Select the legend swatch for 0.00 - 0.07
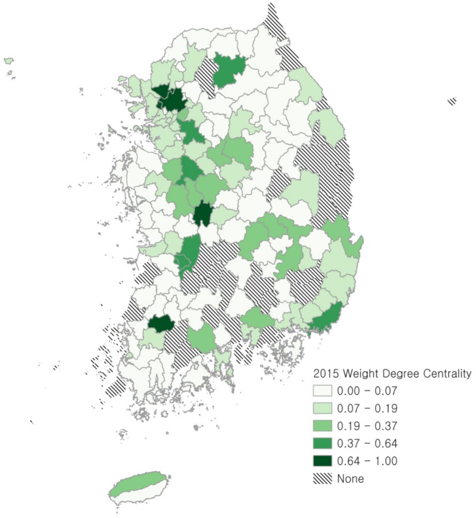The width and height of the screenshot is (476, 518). click(x=324, y=392)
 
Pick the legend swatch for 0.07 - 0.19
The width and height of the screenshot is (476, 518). click(x=324, y=409)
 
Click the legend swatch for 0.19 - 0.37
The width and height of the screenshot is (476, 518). click(x=324, y=426)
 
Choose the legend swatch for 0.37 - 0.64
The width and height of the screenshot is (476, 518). click(x=324, y=444)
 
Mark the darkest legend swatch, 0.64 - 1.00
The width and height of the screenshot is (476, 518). click(x=324, y=461)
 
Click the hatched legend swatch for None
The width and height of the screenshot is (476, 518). click(x=324, y=478)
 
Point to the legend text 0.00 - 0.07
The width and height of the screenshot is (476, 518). click(x=367, y=392)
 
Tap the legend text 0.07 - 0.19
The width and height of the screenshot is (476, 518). click(x=367, y=409)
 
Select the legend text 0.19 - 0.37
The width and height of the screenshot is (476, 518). click(x=367, y=426)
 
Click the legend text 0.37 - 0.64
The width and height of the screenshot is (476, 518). click(x=367, y=444)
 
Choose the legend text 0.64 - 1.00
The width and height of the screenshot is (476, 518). click(x=367, y=461)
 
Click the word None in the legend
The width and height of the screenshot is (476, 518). click(x=350, y=478)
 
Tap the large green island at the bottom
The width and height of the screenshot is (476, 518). click(x=138, y=485)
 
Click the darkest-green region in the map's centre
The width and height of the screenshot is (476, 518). click(x=203, y=213)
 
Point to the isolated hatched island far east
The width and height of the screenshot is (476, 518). click(x=452, y=101)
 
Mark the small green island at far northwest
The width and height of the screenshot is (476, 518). click(x=8, y=60)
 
